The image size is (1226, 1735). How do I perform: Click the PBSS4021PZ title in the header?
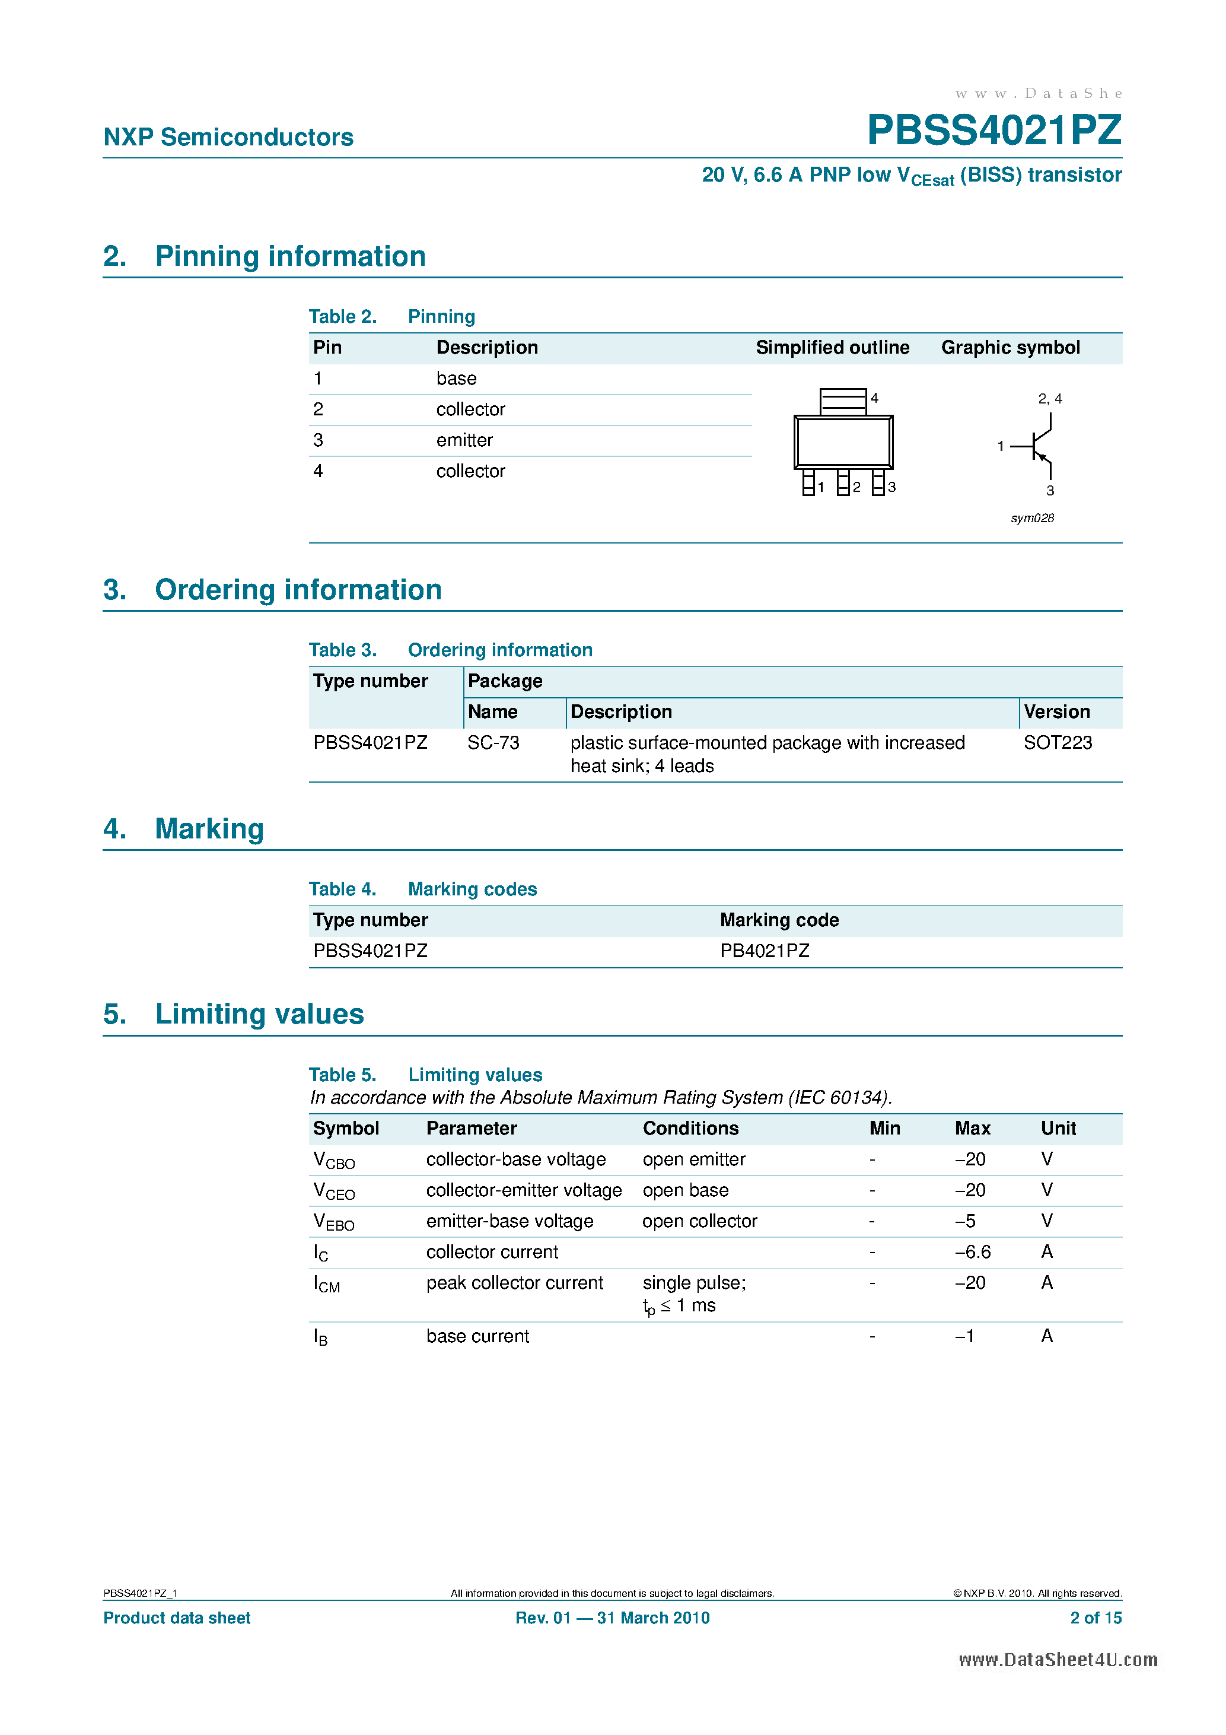(x=993, y=130)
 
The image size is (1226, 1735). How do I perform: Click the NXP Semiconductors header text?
(x=228, y=137)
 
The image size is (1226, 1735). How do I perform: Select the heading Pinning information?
(x=290, y=256)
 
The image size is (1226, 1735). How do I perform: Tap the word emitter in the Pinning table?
(x=464, y=440)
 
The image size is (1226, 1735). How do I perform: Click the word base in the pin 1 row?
(x=456, y=378)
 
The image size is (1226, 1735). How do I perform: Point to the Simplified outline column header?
(x=832, y=348)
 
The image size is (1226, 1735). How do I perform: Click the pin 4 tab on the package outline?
(x=842, y=401)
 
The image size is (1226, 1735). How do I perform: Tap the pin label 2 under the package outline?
(x=856, y=487)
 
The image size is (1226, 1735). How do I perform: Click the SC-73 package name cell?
(x=493, y=743)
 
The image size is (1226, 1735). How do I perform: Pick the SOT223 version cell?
(x=1057, y=743)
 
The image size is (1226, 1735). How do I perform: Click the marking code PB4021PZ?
(x=764, y=951)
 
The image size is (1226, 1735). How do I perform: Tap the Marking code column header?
(x=779, y=920)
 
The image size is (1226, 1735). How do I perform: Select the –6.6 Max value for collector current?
(x=972, y=1251)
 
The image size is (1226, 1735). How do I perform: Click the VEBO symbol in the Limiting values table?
(x=333, y=1222)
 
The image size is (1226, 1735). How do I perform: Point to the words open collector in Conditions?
(x=699, y=1221)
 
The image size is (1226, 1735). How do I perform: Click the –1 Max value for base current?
(x=964, y=1336)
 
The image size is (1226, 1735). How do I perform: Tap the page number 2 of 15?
(x=1096, y=1618)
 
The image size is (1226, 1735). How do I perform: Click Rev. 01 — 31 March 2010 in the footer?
(x=612, y=1618)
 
